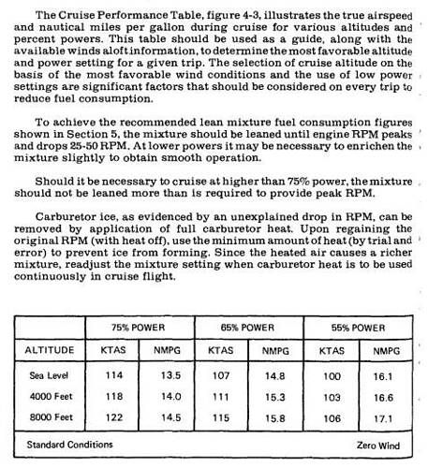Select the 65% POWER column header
248,329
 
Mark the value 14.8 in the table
276,375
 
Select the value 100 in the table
332,375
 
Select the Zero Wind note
377,446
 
